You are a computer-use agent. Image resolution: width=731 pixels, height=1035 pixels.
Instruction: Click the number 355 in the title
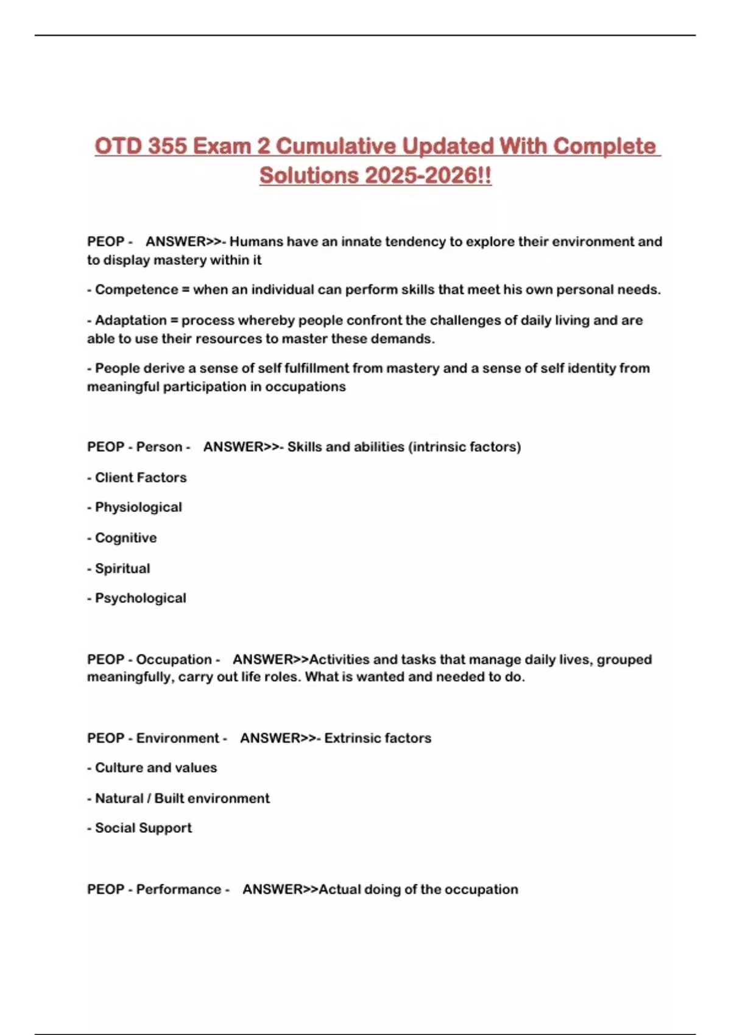click(x=168, y=146)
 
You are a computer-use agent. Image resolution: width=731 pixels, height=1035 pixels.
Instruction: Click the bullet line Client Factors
click(x=141, y=477)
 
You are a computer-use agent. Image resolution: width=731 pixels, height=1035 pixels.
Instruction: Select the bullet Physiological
click(x=138, y=507)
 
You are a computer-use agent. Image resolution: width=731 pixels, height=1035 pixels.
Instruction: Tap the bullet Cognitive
click(x=125, y=538)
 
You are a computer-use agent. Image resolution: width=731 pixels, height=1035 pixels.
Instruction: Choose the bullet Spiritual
click(x=122, y=568)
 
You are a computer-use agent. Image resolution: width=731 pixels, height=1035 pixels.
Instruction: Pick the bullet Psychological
click(x=140, y=598)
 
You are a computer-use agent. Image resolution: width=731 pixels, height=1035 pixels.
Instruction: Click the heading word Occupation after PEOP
click(x=174, y=659)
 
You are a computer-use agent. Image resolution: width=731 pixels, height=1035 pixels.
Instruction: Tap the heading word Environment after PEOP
click(x=177, y=738)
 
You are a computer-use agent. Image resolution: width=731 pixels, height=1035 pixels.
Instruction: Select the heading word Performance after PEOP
click(x=178, y=889)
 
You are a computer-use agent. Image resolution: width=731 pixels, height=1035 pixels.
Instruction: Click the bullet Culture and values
click(x=156, y=768)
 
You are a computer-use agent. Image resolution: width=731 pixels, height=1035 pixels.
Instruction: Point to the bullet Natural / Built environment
click(x=182, y=798)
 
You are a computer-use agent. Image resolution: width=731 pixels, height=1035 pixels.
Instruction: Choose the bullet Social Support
click(x=143, y=828)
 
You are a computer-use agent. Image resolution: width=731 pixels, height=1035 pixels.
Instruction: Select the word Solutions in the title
click(x=309, y=176)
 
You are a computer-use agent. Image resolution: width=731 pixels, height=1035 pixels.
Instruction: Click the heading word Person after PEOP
click(x=159, y=447)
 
